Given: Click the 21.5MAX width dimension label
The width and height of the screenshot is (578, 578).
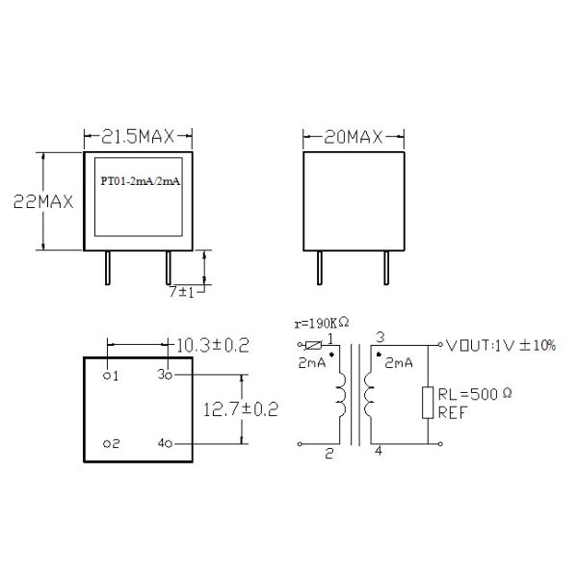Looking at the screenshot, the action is [x=138, y=137].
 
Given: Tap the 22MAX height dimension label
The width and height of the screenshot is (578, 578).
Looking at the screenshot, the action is [x=43, y=201].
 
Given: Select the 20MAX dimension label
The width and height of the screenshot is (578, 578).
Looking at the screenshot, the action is [x=354, y=138].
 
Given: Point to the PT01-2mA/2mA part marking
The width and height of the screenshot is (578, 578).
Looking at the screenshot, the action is [x=141, y=181].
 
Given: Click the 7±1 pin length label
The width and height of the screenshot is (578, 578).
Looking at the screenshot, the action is [x=181, y=292].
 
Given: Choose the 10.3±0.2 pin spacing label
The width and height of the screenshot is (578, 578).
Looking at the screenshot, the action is [x=213, y=346].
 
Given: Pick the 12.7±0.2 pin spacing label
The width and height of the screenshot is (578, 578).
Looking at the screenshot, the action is [x=241, y=409].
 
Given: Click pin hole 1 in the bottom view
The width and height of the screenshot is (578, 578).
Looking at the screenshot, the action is [x=107, y=376].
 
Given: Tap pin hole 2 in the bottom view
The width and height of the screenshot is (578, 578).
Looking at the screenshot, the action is [x=107, y=444].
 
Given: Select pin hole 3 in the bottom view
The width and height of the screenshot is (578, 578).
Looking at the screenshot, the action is [x=169, y=376].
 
